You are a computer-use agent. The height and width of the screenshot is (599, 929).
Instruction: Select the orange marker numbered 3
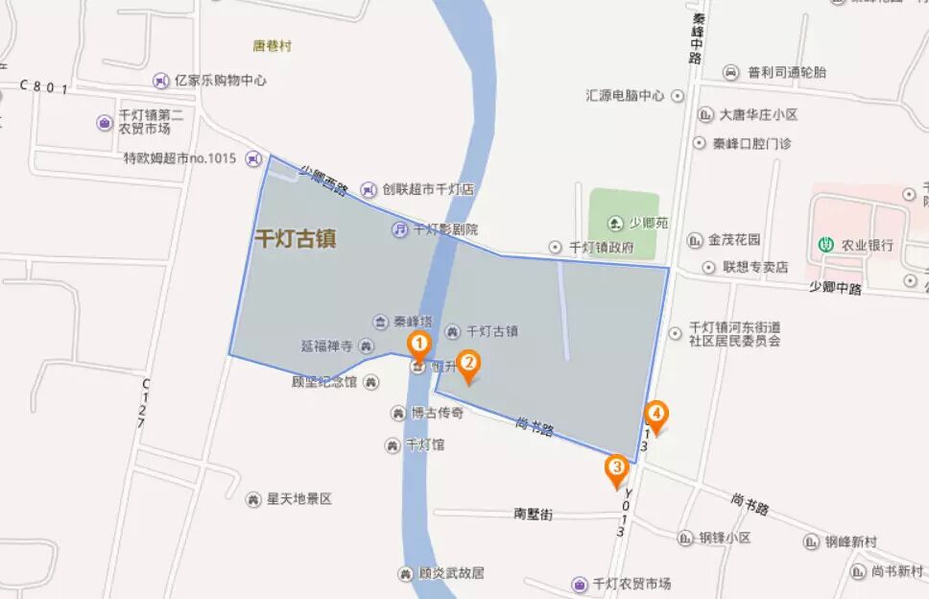[x=616, y=469]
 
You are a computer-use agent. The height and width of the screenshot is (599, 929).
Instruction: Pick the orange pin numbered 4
[x=656, y=415]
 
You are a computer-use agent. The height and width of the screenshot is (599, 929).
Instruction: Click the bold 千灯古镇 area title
[x=295, y=239]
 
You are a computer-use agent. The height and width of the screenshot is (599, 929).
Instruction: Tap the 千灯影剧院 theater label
[x=444, y=229]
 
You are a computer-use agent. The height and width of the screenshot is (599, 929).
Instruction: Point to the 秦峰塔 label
[x=413, y=321]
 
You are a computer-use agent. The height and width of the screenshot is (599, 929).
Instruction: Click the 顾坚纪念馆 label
[x=324, y=382]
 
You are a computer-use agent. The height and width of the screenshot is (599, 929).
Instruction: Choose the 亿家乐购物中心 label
[x=221, y=81]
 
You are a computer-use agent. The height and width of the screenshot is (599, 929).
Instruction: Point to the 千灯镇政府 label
[x=602, y=247]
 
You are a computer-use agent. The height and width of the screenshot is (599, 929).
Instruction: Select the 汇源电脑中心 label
[x=625, y=96]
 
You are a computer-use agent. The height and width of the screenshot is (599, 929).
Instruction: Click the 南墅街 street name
[x=534, y=514]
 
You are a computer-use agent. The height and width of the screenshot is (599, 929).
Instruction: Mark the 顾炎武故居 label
[x=451, y=573]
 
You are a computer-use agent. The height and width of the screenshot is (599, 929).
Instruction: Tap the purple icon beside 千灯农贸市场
[x=580, y=584]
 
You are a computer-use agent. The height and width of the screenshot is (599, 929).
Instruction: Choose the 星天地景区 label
[x=298, y=499]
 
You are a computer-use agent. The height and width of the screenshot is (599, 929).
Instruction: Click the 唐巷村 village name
[x=271, y=44]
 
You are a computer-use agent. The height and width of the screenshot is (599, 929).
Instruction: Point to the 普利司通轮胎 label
[x=787, y=72]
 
